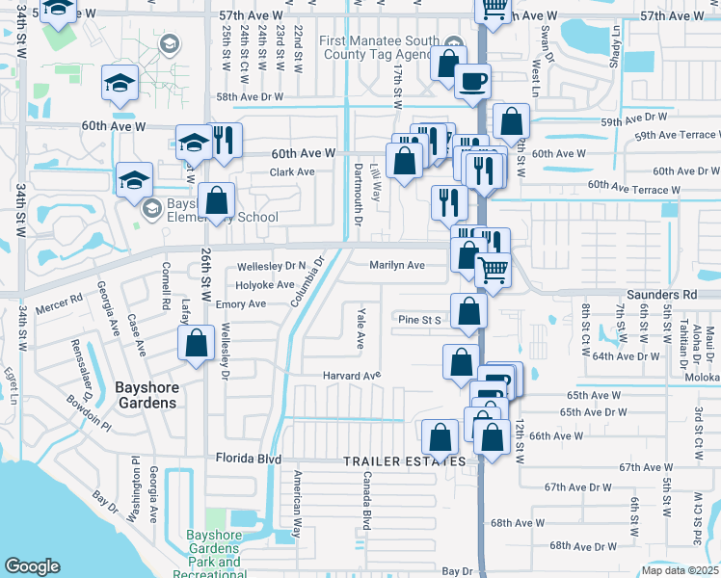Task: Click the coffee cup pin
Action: click(x=472, y=82)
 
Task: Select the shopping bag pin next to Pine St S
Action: click(x=468, y=312)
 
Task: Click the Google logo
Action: click(x=32, y=566)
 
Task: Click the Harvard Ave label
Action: click(x=352, y=375)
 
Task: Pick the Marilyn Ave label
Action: click(x=396, y=265)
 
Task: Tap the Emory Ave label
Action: click(x=240, y=303)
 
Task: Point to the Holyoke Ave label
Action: click(x=266, y=285)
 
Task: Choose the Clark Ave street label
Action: click(x=292, y=171)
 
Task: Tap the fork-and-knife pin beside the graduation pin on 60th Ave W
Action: click(x=226, y=141)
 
